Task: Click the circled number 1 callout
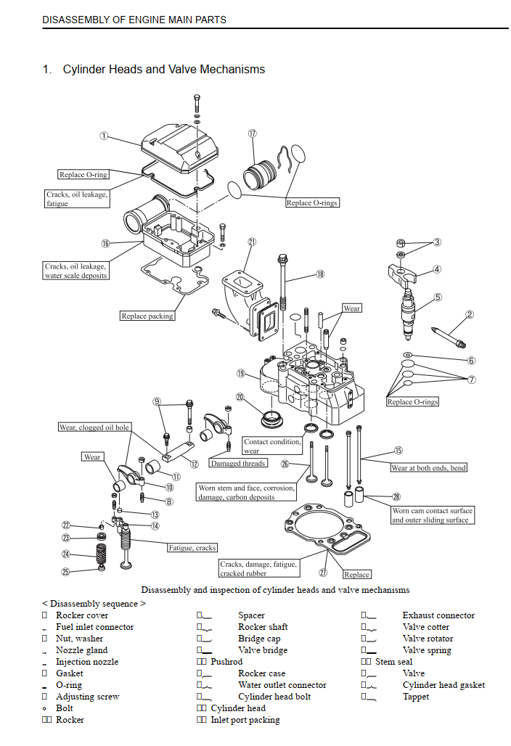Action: (104, 135)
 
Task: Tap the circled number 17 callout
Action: (252, 134)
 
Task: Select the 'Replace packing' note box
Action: (147, 316)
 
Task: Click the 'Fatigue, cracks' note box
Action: (192, 548)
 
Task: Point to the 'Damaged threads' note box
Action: (238, 463)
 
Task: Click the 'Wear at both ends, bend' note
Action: (428, 468)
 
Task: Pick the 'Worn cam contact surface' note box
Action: (432, 515)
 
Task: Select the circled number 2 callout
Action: (470, 314)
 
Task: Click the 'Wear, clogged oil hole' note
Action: (94, 427)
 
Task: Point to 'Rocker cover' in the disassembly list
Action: (82, 615)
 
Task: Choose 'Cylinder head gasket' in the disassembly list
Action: (443, 685)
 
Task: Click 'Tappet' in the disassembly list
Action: (415, 697)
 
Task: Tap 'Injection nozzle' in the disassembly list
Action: (87, 662)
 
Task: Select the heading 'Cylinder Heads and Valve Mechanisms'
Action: (164, 70)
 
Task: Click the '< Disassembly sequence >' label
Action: (94, 604)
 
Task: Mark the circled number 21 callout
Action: (252, 242)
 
